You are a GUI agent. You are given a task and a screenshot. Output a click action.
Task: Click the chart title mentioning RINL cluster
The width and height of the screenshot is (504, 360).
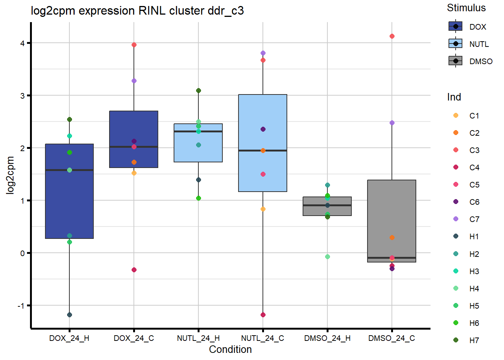(x=137, y=11)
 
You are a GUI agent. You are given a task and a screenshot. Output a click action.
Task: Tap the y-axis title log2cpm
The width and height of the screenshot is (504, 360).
(x=10, y=175)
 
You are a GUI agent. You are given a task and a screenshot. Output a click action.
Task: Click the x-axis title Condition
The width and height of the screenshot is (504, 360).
(x=230, y=349)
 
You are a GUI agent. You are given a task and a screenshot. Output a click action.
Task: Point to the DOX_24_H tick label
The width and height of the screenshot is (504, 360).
(x=69, y=338)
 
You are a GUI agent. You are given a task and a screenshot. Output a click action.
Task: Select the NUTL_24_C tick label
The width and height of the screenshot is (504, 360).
(x=262, y=338)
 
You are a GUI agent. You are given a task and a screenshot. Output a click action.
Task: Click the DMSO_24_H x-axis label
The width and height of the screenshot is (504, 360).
(x=327, y=338)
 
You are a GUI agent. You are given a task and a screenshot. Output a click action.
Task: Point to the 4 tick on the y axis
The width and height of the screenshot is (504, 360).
(x=22, y=43)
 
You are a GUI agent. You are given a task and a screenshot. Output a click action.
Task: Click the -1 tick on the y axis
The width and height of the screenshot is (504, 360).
(x=21, y=306)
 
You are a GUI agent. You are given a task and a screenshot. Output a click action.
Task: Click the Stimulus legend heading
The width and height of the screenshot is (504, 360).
(x=466, y=8)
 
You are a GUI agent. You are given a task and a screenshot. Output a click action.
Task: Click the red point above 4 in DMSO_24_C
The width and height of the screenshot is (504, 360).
(x=392, y=36)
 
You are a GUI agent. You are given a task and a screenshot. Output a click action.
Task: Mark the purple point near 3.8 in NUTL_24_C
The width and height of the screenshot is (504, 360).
(x=263, y=53)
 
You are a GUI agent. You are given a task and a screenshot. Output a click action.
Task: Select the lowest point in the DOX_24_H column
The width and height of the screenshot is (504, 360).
(x=69, y=315)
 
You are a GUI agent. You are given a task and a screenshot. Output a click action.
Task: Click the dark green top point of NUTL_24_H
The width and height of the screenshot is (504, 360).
(x=198, y=91)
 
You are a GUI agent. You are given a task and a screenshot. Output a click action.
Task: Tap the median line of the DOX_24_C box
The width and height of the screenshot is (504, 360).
(x=134, y=147)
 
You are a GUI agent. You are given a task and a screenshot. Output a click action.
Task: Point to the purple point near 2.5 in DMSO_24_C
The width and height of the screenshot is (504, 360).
(x=392, y=123)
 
